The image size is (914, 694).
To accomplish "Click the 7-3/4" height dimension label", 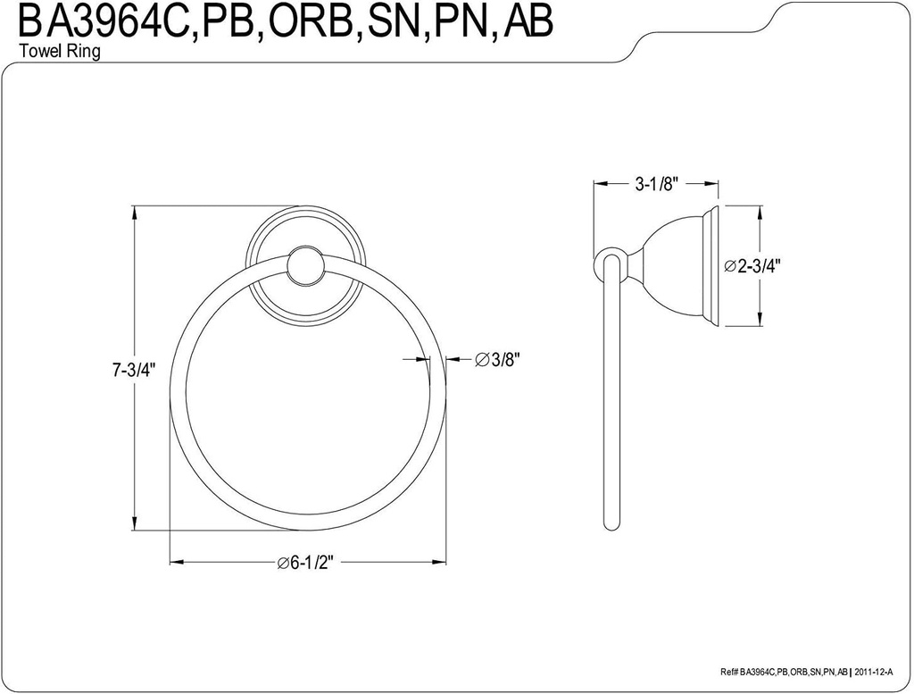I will tap(134, 371).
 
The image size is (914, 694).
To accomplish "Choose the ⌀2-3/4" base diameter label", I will tap(754, 265).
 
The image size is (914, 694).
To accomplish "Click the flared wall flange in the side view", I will tap(712, 265).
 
